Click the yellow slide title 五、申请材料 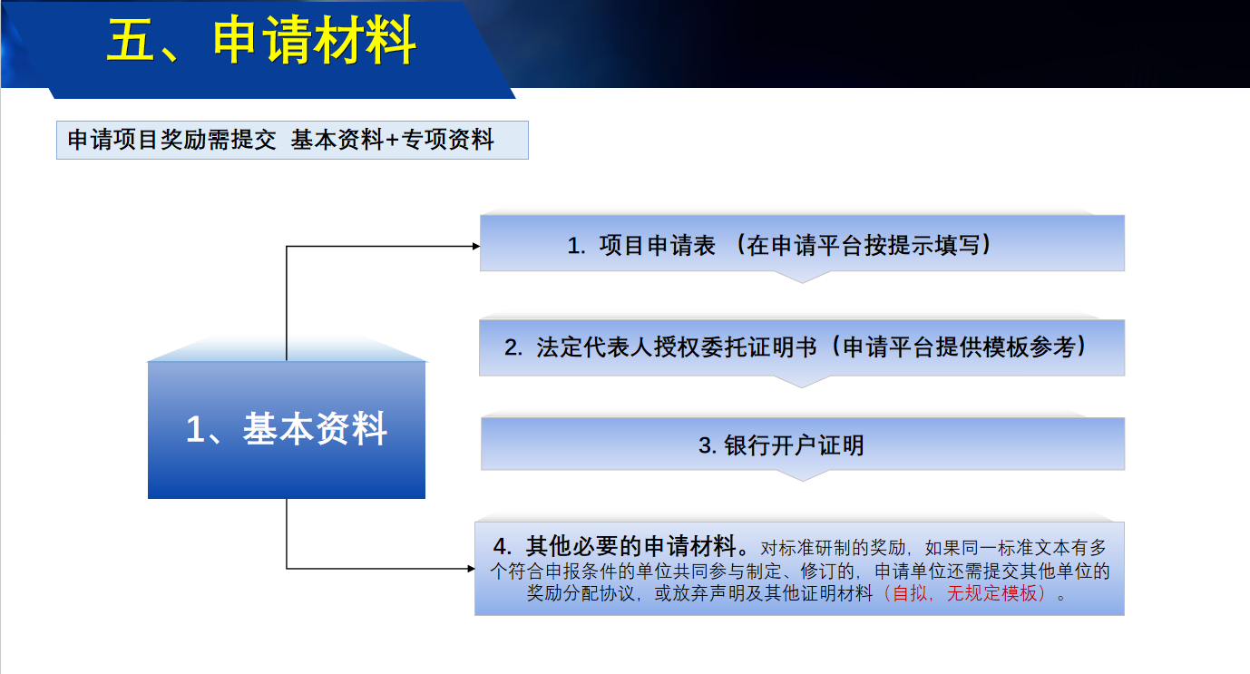(261, 40)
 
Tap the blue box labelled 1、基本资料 (287, 429)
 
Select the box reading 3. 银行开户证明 (803, 444)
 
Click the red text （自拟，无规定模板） (964, 593)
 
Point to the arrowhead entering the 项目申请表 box (476, 246)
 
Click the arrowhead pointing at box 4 (472, 569)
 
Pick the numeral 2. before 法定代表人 (513, 347)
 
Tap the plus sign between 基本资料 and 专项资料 (392, 140)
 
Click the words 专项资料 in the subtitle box (447, 140)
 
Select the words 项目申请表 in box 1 (657, 246)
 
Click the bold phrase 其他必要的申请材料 (630, 546)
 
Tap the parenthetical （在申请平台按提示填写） (863, 246)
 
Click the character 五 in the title (131, 40)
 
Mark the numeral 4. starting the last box (503, 547)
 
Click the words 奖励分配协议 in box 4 (581, 593)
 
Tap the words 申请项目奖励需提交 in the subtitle (171, 140)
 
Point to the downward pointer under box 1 (803, 277)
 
